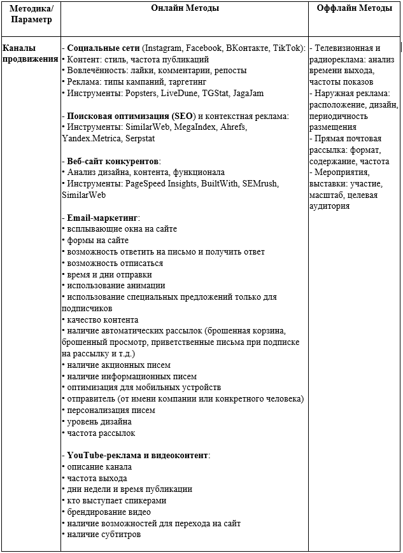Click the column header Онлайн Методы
tap(185, 8)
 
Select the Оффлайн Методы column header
tap(355, 8)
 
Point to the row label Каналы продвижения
tap(30, 53)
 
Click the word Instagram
tap(164, 48)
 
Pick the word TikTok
tap(288, 48)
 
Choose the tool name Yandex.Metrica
tap(89, 138)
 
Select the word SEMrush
tap(259, 183)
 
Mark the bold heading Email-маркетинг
tap(103, 218)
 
